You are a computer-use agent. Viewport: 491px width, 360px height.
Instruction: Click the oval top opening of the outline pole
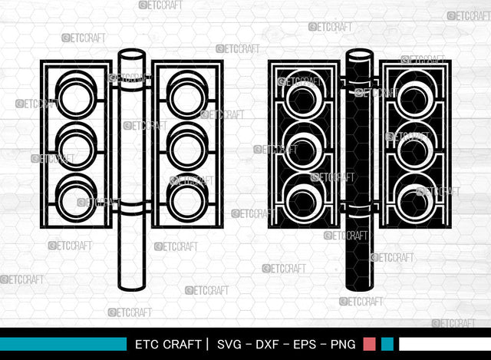pos(131,54)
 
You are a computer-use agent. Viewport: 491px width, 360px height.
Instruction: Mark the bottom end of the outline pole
pos(131,286)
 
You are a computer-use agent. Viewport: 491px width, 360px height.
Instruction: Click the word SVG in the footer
pos(229,345)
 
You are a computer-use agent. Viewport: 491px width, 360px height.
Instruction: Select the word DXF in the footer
pos(267,345)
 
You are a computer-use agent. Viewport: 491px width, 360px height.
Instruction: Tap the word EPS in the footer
pos(305,345)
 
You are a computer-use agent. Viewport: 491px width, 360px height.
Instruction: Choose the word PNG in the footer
pos(343,345)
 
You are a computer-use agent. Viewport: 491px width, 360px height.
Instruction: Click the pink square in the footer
pos(369,344)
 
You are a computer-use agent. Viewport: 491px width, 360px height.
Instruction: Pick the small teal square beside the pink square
pos(387,344)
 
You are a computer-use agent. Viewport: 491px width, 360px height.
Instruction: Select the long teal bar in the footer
pos(63,344)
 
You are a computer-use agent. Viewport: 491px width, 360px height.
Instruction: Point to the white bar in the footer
pos(445,344)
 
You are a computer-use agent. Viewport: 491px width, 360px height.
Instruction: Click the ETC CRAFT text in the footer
pos(168,345)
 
